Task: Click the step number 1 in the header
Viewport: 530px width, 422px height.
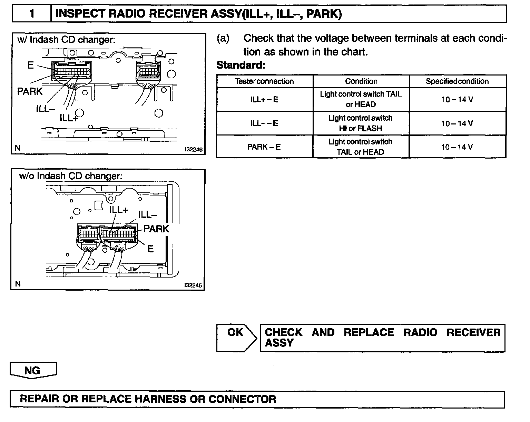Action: coord(32,14)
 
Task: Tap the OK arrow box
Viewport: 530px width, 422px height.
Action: coord(236,338)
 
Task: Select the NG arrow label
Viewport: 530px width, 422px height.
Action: coord(33,370)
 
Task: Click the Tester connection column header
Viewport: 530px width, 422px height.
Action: coord(264,81)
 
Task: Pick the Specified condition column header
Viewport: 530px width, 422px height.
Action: coord(457,81)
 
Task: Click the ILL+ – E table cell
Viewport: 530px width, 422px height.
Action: coord(264,100)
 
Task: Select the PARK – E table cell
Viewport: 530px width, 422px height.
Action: coord(264,147)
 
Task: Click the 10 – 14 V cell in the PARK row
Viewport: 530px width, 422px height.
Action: coord(457,147)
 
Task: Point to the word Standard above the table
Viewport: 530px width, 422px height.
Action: coord(241,65)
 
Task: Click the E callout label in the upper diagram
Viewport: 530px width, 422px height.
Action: coord(30,65)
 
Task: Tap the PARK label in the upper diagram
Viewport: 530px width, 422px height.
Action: coord(30,91)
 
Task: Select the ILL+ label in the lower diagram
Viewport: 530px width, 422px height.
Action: coord(119,210)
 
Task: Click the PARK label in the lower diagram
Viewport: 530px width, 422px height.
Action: coord(156,229)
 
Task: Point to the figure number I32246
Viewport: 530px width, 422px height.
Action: coord(193,150)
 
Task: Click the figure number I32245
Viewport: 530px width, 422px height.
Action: coord(193,285)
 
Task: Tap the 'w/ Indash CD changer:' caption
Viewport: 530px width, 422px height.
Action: coord(66,40)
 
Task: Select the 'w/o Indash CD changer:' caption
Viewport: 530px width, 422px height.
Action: coord(71,176)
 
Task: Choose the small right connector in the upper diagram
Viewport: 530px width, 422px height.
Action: coord(149,72)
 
